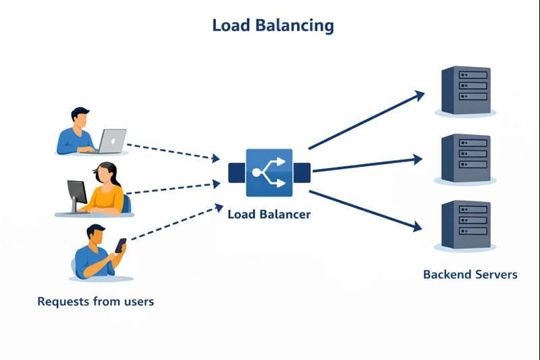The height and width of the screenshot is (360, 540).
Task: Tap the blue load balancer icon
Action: (269, 173)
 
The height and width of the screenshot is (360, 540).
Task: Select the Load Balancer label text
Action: (269, 214)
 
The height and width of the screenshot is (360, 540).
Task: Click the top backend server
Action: (466, 90)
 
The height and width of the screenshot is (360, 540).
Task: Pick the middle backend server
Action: (466, 158)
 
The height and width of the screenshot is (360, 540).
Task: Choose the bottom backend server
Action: (466, 225)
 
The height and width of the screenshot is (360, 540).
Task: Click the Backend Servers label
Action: (470, 274)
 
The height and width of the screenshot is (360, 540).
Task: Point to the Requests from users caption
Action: (96, 301)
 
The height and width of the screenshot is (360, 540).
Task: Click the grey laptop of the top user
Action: (111, 140)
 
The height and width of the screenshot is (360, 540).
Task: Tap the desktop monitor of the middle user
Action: (77, 194)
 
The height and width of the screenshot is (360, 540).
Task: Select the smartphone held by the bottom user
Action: (120, 245)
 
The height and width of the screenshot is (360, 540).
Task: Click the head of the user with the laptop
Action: (80, 118)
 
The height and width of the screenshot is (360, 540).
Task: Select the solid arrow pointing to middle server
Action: (367, 165)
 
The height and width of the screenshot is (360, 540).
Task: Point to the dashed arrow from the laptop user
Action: (173, 152)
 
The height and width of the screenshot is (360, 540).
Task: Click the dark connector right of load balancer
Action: (301, 173)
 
